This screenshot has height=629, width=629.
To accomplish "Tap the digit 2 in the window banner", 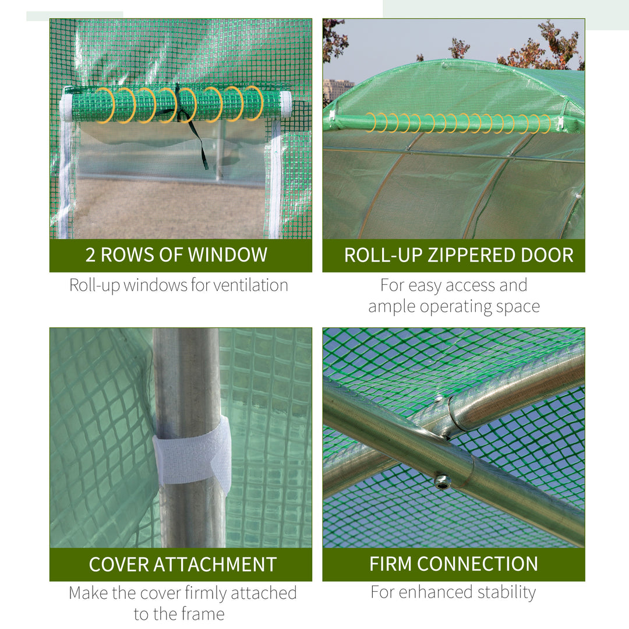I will pos(90,255).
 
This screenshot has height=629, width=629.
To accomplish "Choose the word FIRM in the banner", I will pos(391,564).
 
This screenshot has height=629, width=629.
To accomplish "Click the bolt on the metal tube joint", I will pos(441,481).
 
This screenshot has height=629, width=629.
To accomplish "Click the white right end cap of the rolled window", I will pos(285,103).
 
